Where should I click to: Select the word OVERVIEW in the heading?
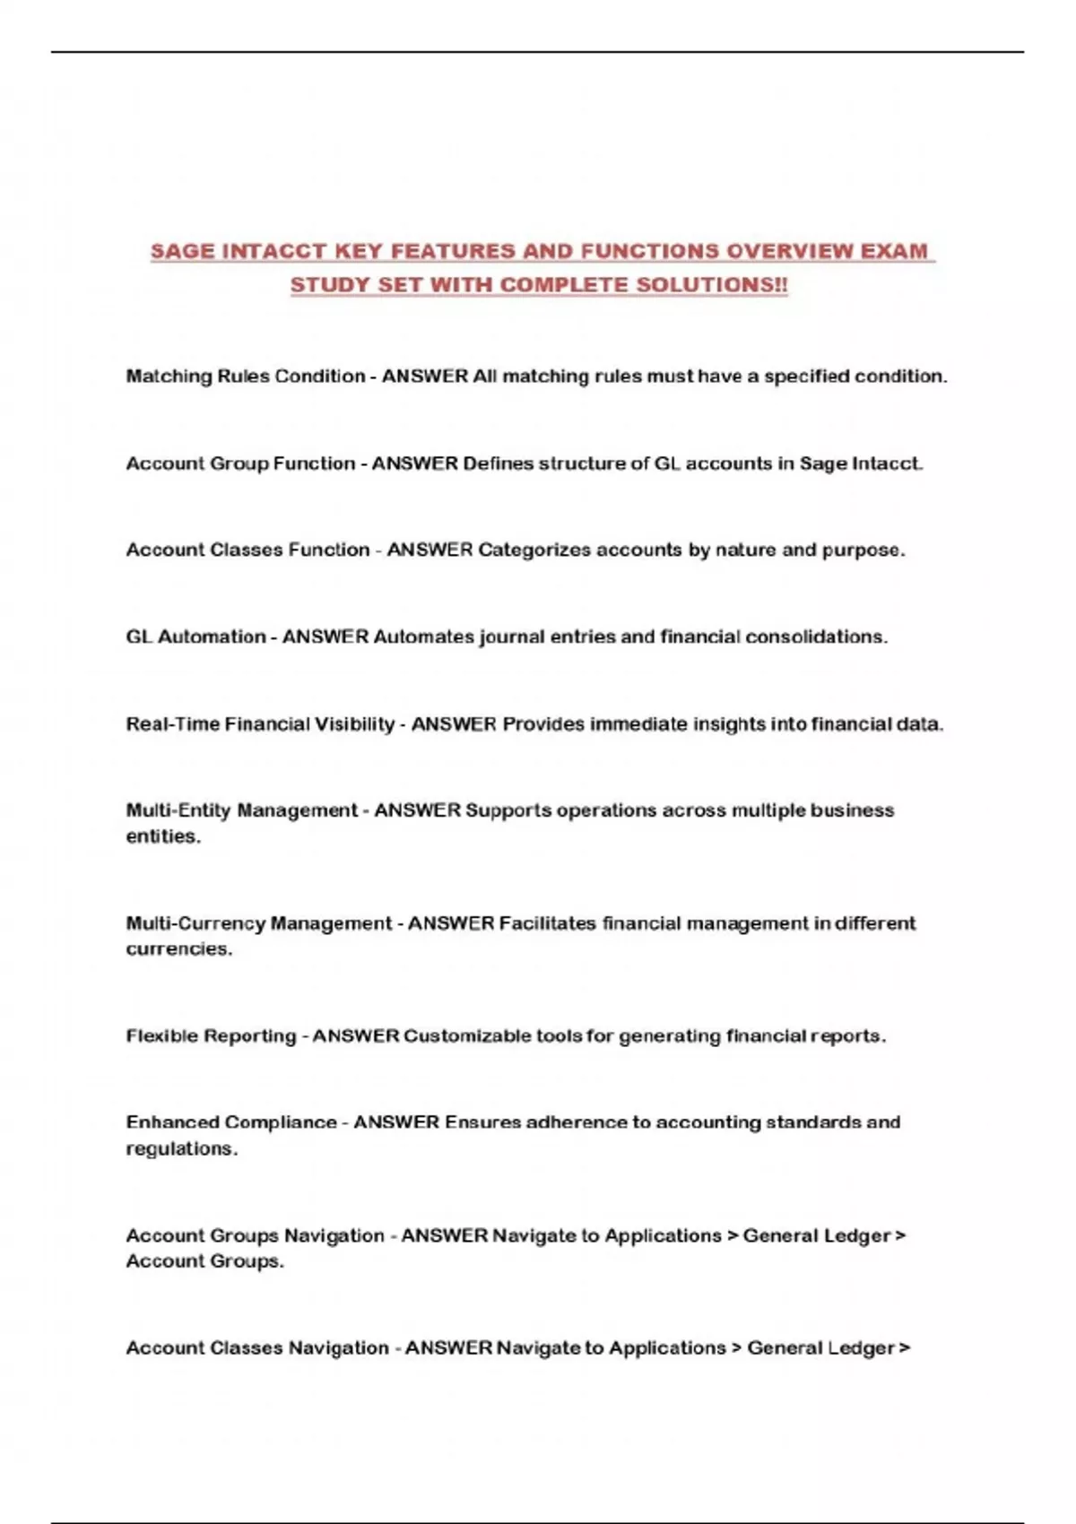pyautogui.click(x=789, y=251)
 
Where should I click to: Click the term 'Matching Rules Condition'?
pyautogui.click(x=245, y=377)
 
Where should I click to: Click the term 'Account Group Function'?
pyautogui.click(x=240, y=463)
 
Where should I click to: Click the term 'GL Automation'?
pyautogui.click(x=195, y=636)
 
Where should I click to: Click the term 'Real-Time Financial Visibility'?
pyautogui.click(x=260, y=723)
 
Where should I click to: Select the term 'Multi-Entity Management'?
pyautogui.click(x=241, y=810)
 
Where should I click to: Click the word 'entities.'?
pyautogui.click(x=163, y=836)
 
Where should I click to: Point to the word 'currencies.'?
pyautogui.click(x=178, y=949)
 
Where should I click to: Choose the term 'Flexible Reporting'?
pyautogui.click(x=211, y=1036)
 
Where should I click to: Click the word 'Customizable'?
pyautogui.click(x=467, y=1036)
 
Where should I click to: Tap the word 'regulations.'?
pyautogui.click(x=181, y=1149)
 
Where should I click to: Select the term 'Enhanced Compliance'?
pyautogui.click(x=231, y=1122)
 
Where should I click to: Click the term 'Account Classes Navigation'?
pyautogui.click(x=257, y=1348)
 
